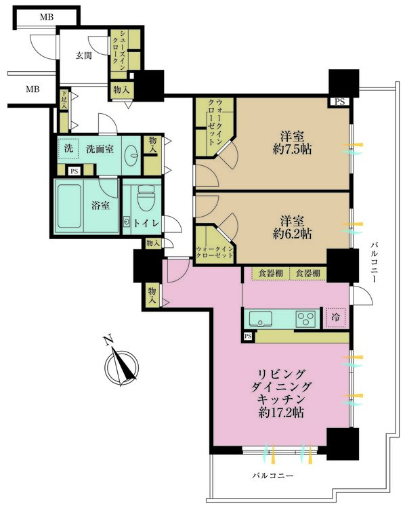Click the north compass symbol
tap(122, 367)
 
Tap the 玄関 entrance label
tap(83, 56)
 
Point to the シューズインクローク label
tap(118, 47)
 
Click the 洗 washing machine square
tap(68, 148)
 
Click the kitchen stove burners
tap(304, 318)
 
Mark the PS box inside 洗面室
tap(73, 170)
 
